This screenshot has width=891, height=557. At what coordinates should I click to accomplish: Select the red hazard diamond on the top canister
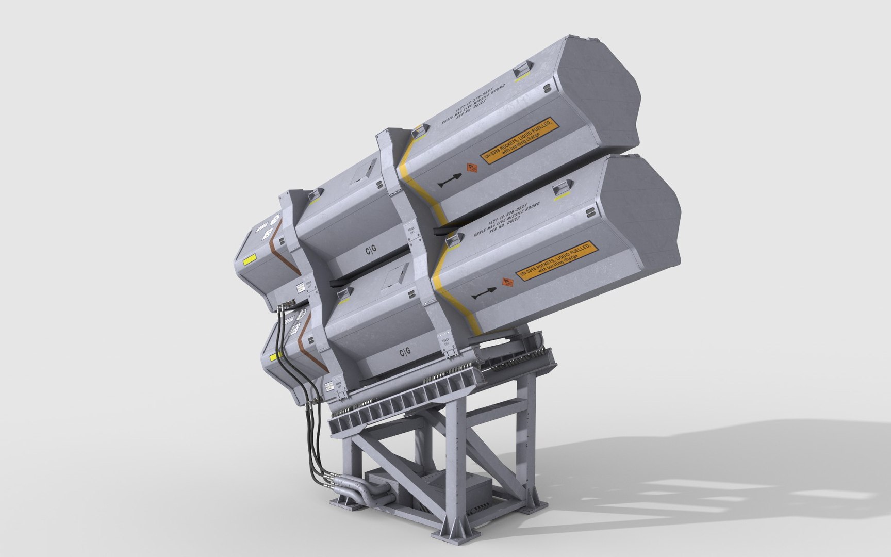[x=471, y=168]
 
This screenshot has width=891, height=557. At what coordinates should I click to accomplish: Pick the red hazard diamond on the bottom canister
[x=507, y=283]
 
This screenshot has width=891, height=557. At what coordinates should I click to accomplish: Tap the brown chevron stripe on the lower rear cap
[x=308, y=340]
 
